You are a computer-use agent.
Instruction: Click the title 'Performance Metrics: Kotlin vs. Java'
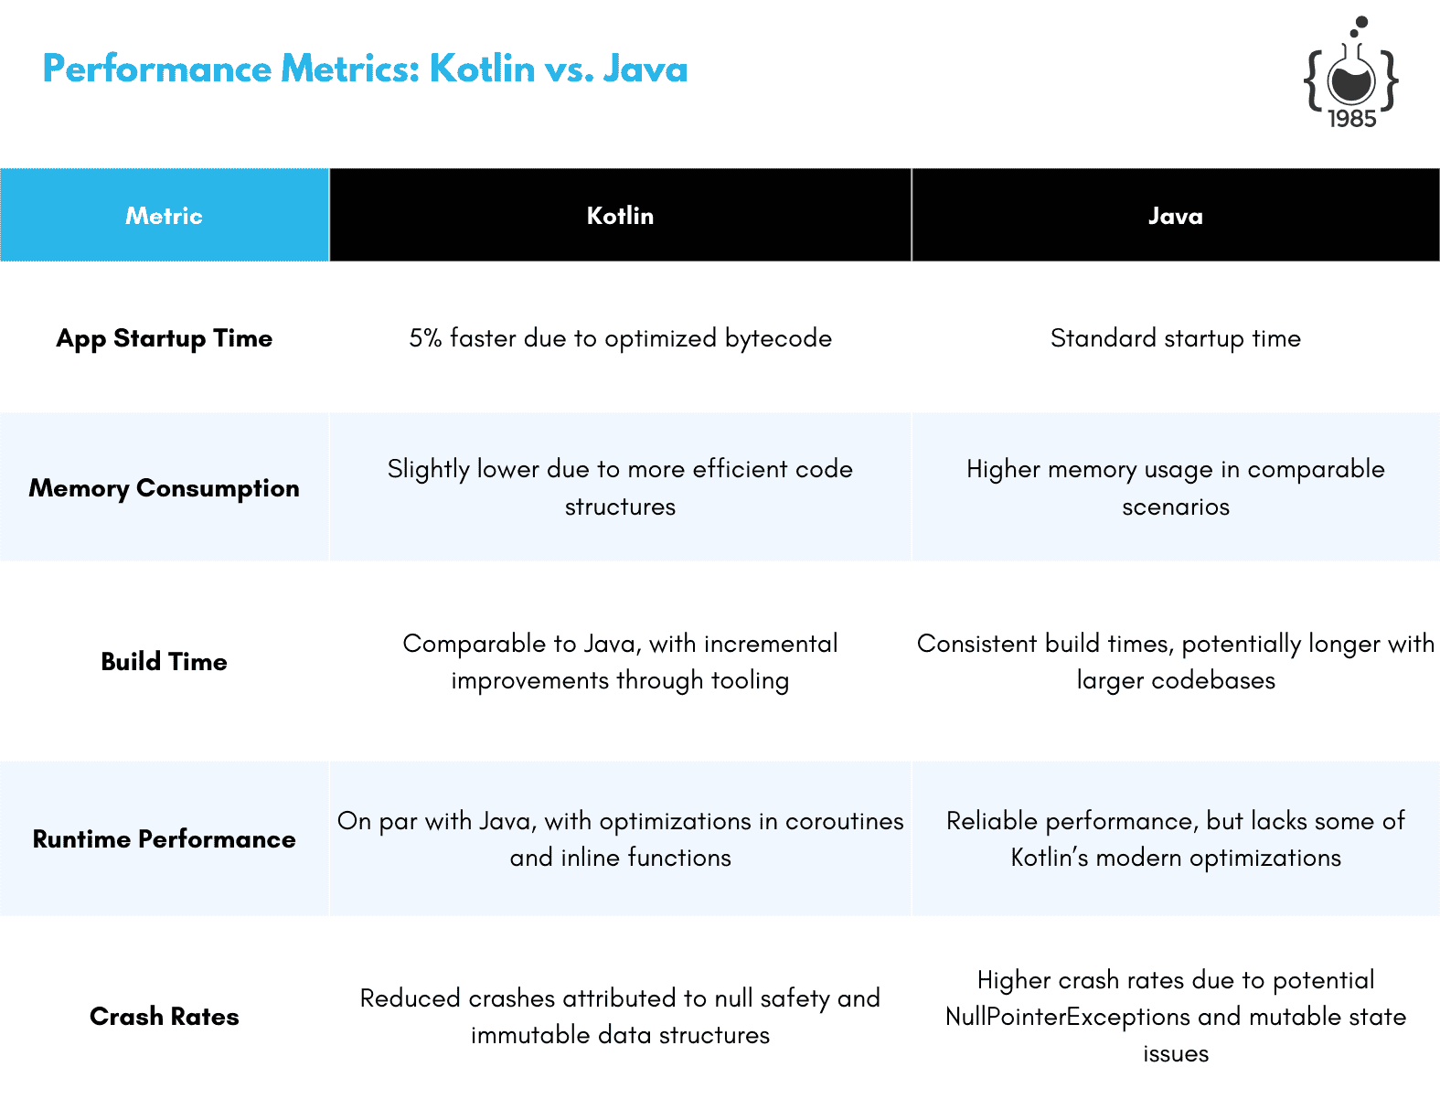point(365,69)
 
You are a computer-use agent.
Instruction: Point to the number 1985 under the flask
point(1352,119)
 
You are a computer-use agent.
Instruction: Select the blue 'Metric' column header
point(164,216)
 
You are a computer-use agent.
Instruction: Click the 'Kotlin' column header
point(620,216)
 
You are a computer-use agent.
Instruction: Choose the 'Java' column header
point(1175,216)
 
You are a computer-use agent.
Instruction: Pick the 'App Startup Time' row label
point(164,338)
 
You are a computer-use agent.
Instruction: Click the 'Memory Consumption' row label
point(164,488)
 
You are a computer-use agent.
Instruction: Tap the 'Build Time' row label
point(164,661)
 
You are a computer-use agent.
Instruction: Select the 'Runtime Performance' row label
point(164,839)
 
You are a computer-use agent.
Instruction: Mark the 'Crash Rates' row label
point(164,1016)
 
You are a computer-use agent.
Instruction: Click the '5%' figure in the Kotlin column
point(425,338)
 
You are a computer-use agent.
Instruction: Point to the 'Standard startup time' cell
point(1175,338)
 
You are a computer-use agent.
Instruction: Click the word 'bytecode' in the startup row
point(778,338)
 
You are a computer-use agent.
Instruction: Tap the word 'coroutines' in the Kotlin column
point(845,821)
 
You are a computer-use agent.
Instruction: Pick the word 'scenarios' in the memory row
point(1176,507)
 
